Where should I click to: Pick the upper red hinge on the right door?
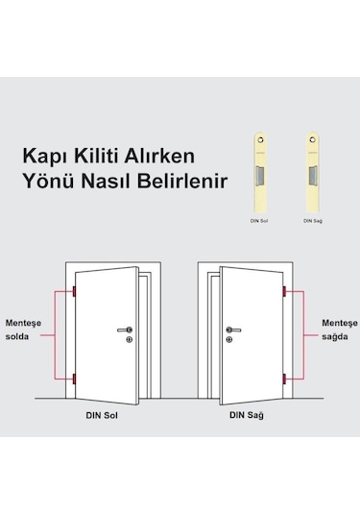[284, 292]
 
